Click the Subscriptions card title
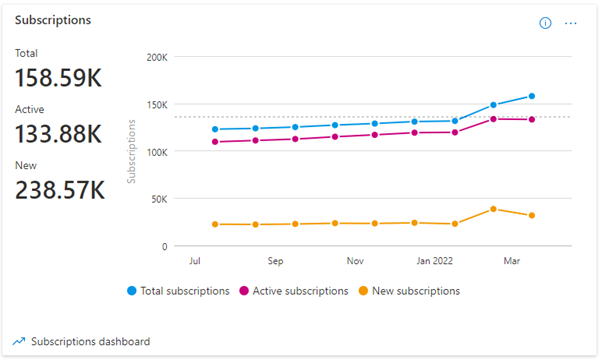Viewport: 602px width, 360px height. click(53, 20)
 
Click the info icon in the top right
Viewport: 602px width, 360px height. click(546, 23)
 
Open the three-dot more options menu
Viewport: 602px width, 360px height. click(571, 23)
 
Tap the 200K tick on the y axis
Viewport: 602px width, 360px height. click(156, 57)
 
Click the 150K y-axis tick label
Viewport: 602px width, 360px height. click(156, 104)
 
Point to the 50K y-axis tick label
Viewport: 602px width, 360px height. click(159, 199)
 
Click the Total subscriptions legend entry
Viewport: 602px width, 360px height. click(180, 291)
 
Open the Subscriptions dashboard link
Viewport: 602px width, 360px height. click(90, 341)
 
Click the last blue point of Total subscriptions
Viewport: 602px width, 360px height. click(532, 96)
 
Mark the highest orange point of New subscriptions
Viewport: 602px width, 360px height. click(493, 209)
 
